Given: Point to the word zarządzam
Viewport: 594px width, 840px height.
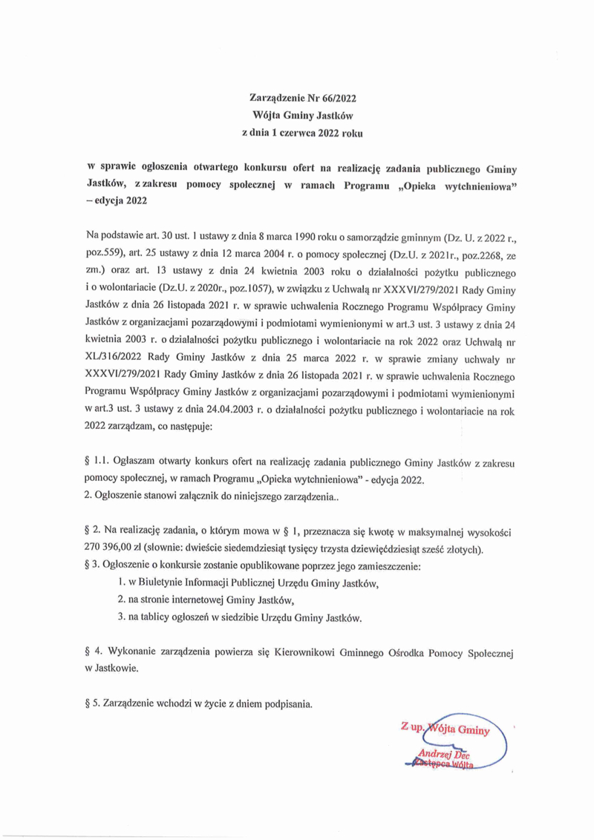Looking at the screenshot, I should (146, 427).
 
